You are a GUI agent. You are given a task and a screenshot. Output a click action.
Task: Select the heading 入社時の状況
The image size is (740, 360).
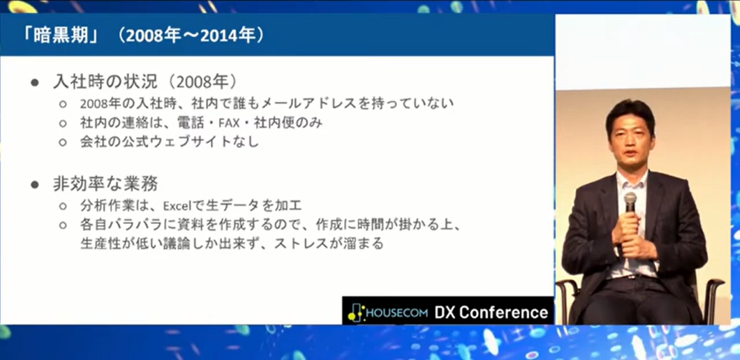click(103, 82)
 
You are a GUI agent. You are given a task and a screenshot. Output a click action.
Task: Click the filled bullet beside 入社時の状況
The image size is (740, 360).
click(34, 82)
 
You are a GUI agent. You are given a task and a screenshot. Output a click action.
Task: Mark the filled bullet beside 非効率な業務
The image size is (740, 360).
click(34, 184)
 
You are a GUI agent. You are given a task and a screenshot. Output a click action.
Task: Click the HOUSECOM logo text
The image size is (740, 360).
click(395, 313)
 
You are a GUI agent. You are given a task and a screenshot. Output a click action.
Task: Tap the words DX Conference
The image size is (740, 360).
click(491, 312)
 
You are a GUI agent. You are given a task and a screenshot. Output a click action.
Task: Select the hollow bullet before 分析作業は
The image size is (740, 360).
click(63, 206)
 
